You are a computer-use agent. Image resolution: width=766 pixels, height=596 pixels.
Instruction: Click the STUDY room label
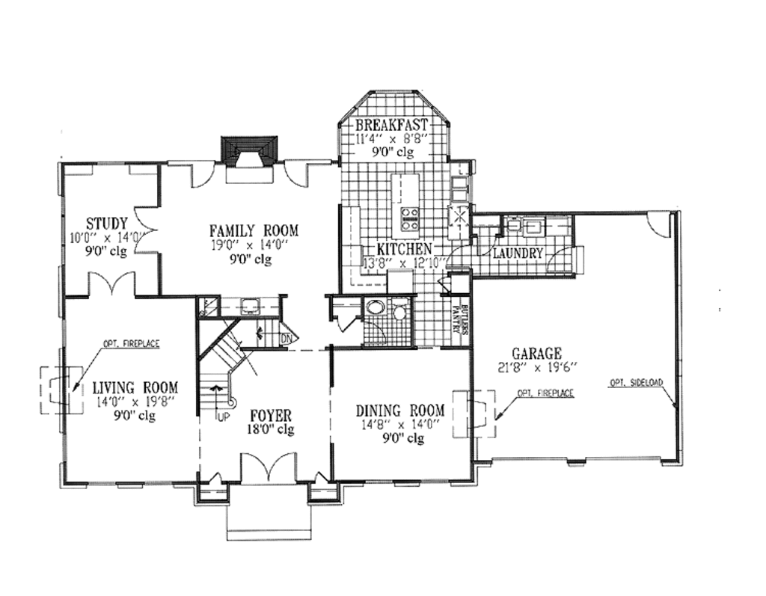tap(106, 223)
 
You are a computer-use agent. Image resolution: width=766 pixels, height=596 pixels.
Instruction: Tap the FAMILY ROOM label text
tap(254, 230)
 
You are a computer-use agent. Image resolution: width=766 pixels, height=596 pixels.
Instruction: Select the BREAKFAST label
tap(391, 124)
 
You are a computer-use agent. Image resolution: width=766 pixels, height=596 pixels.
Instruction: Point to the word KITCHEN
tap(403, 248)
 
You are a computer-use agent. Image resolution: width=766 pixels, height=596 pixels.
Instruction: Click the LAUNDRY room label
tap(518, 254)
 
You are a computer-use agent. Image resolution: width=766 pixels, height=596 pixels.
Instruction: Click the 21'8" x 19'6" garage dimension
tap(536, 367)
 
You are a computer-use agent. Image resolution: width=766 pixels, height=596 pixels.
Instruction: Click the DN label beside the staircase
tap(285, 337)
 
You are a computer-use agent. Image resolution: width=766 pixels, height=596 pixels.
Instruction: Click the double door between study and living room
tap(111, 284)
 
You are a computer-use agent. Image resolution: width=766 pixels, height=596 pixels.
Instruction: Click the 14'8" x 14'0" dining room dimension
tap(399, 425)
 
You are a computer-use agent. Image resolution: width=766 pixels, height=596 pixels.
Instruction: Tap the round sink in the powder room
tap(374, 310)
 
